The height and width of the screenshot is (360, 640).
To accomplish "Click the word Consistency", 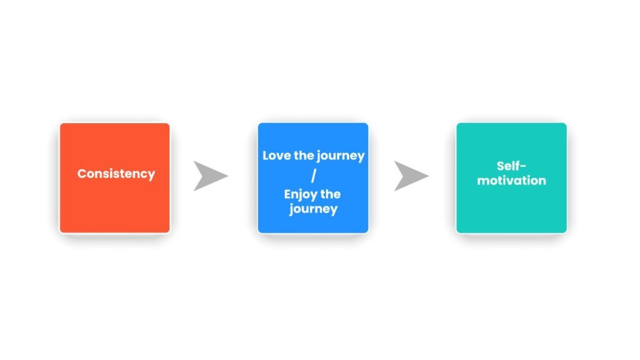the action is point(116,174).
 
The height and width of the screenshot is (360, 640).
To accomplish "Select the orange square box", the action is point(115,178).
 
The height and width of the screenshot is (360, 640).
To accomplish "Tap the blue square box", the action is point(313,178).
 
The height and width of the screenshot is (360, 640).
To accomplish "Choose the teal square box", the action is point(511,178).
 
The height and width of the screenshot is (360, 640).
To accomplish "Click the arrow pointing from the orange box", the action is point(209,176).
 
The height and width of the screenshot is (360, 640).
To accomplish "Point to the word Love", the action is point(276,156).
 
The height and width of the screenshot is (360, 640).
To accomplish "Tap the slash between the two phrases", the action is point(314,176).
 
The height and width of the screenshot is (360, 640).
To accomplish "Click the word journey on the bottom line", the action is point(314,209).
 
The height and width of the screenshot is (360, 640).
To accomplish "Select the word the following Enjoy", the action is point(331,194).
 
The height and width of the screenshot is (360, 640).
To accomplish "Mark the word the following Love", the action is point(304,156).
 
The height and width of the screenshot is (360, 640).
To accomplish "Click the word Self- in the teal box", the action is point(511,166).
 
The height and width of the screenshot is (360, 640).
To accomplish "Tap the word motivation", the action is point(511,181).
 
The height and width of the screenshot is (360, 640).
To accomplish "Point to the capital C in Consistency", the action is point(82,174).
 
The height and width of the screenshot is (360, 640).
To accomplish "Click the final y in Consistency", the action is point(151,176).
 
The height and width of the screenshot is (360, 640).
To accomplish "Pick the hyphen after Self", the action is point(523,167).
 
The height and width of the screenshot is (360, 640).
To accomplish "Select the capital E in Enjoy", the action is point(287,194).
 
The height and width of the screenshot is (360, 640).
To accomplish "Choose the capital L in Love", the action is point(266,156).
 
